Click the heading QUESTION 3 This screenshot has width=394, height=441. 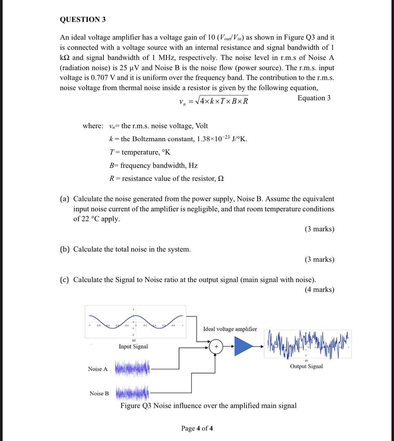83,20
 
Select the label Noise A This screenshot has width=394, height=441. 98,369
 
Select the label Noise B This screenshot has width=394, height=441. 99,394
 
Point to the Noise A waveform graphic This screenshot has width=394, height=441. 132,369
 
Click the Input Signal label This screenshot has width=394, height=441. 133,347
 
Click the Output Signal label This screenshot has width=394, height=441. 306,366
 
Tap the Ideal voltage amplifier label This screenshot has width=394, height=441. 230,329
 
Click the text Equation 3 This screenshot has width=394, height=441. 314,98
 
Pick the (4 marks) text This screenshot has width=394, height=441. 319,290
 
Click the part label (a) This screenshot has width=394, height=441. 65,199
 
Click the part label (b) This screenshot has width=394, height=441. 65,249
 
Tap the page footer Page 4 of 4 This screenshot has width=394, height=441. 197,428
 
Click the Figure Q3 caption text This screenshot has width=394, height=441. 208,405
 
